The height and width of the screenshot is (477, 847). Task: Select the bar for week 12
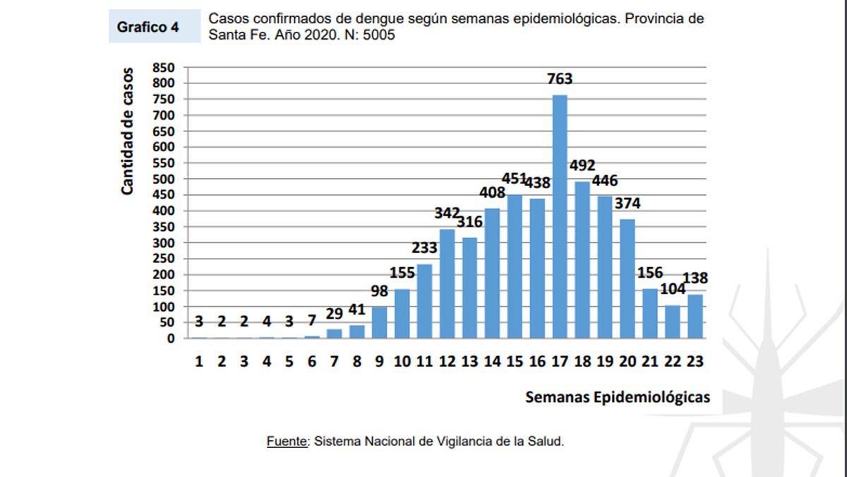[x=447, y=283]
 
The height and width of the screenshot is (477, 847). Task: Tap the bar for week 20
[x=627, y=278]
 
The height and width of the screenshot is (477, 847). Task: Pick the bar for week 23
[x=695, y=316]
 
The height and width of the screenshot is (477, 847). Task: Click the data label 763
[x=560, y=79]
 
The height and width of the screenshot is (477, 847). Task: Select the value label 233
[x=425, y=248]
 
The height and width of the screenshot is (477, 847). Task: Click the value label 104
[x=673, y=289]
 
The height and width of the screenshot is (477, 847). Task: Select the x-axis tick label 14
[x=492, y=362]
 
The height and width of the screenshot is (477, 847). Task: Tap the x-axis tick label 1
[x=199, y=362]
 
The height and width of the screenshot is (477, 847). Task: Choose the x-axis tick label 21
[x=650, y=362]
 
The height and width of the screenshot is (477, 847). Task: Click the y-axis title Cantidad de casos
[x=128, y=131]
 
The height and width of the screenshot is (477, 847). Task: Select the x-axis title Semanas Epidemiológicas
[x=618, y=397]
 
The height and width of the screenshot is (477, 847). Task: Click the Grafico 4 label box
[x=148, y=27]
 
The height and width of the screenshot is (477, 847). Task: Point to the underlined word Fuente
[x=287, y=442]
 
